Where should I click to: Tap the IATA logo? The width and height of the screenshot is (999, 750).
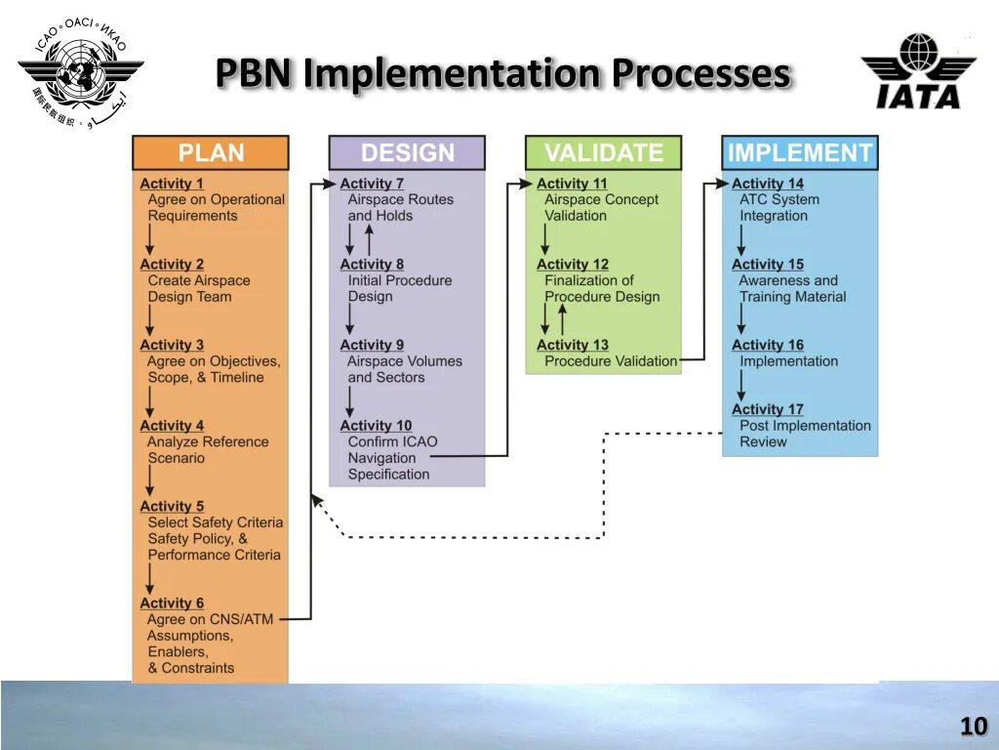coord(917,71)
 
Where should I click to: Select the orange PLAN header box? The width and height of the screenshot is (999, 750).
coord(211,153)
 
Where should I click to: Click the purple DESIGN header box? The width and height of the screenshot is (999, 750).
coord(407,153)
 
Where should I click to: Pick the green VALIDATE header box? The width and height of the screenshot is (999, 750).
coord(603,153)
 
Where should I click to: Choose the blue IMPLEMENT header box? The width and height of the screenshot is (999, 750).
coord(799,153)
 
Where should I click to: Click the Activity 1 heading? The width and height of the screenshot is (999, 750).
coord(172,184)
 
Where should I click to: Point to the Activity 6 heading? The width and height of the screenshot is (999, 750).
coord(172,604)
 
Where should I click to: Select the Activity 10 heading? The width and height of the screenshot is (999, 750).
coord(376,426)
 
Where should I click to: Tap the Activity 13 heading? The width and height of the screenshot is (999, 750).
coord(572,345)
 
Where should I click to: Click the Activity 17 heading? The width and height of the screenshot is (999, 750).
coord(768,409)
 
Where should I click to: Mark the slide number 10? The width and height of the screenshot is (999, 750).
coord(973,727)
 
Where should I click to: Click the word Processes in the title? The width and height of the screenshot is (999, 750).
coord(700,74)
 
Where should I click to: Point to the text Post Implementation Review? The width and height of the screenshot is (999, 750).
coord(804,434)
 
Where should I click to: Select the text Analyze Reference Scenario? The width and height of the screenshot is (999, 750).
coord(207,449)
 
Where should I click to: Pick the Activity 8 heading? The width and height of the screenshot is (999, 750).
coord(372,265)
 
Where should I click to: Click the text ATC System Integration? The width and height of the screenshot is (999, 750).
coord(779,207)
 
